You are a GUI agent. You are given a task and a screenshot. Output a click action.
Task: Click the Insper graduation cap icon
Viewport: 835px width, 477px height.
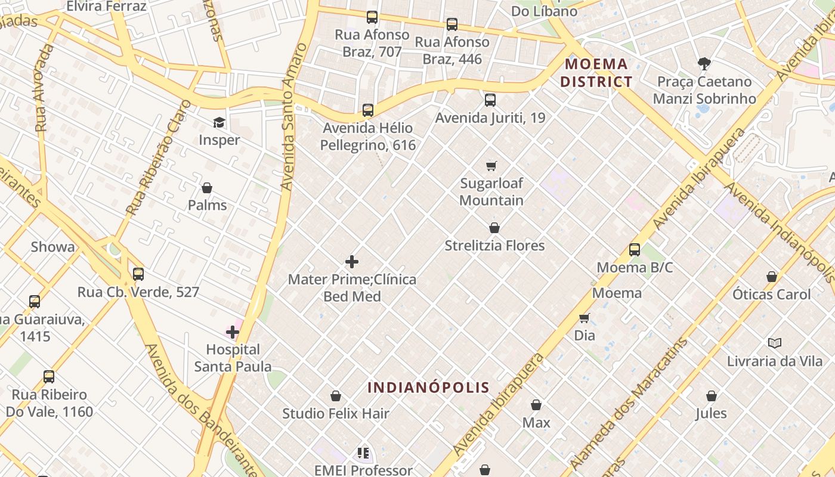[219, 123]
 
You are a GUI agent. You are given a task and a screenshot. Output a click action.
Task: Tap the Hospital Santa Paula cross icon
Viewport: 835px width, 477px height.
[233, 332]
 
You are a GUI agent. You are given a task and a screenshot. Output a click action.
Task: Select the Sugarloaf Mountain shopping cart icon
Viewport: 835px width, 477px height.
[491, 166]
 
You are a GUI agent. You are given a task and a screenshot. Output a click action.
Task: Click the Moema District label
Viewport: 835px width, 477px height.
[596, 73]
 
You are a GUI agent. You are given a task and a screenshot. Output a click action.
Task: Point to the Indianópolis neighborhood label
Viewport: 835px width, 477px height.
[428, 388]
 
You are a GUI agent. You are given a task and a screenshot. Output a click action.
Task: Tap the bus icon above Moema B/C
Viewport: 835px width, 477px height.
[635, 250]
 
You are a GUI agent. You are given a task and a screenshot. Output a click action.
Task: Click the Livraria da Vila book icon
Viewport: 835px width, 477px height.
[775, 343]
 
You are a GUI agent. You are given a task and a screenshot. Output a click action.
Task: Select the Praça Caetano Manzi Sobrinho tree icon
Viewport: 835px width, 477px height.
[704, 63]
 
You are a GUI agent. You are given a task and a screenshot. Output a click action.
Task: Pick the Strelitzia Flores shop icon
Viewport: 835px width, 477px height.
[494, 228]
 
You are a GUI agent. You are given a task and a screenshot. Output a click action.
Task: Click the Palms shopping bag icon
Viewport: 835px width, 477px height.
[207, 188]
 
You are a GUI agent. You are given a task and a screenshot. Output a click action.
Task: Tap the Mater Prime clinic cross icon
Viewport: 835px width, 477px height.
[352, 262]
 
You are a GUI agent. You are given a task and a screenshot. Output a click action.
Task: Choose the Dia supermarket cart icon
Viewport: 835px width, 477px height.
[584, 318]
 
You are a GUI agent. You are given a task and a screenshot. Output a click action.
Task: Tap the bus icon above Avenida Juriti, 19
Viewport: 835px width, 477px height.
[490, 100]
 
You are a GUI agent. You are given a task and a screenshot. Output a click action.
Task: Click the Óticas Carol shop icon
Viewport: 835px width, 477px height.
[772, 277]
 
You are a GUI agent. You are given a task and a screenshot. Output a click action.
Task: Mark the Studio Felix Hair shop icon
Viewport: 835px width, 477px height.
[336, 396]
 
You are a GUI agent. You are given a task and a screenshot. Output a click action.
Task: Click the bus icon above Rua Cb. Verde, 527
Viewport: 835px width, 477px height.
[138, 274]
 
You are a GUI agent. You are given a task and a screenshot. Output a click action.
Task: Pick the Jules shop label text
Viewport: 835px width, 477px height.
[711, 413]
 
